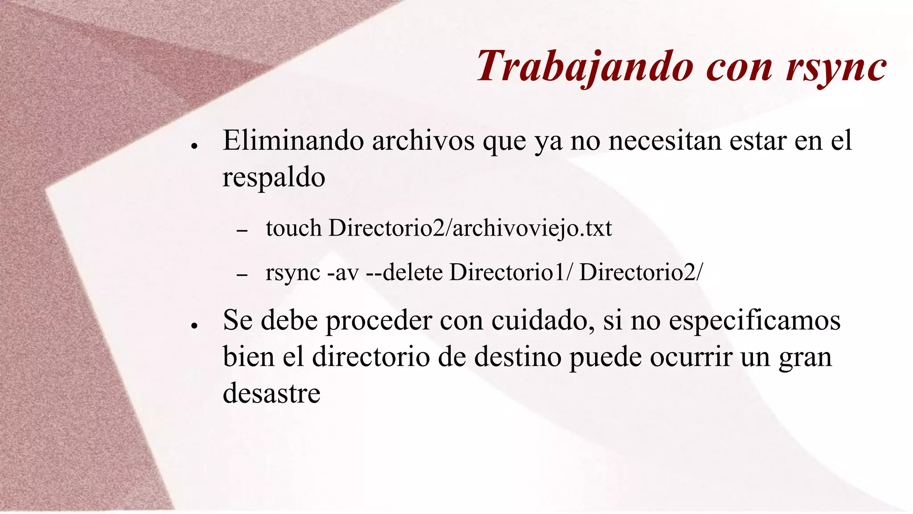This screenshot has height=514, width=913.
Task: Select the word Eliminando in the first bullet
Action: click(x=293, y=141)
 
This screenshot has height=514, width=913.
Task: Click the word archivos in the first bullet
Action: click(x=424, y=141)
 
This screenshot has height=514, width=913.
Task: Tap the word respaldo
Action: click(x=274, y=178)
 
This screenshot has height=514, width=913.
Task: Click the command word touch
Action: click(x=293, y=228)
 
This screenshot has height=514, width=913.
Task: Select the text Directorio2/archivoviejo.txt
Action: click(x=470, y=228)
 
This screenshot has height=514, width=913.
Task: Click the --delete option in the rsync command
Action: click(x=404, y=273)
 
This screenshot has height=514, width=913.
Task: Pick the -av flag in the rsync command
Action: click(x=343, y=273)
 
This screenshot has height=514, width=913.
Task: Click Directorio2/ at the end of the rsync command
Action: click(x=641, y=273)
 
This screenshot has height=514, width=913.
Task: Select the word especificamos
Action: click(x=754, y=320)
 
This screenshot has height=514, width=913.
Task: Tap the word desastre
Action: click(x=271, y=394)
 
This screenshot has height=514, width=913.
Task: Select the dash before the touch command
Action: click(x=242, y=231)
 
